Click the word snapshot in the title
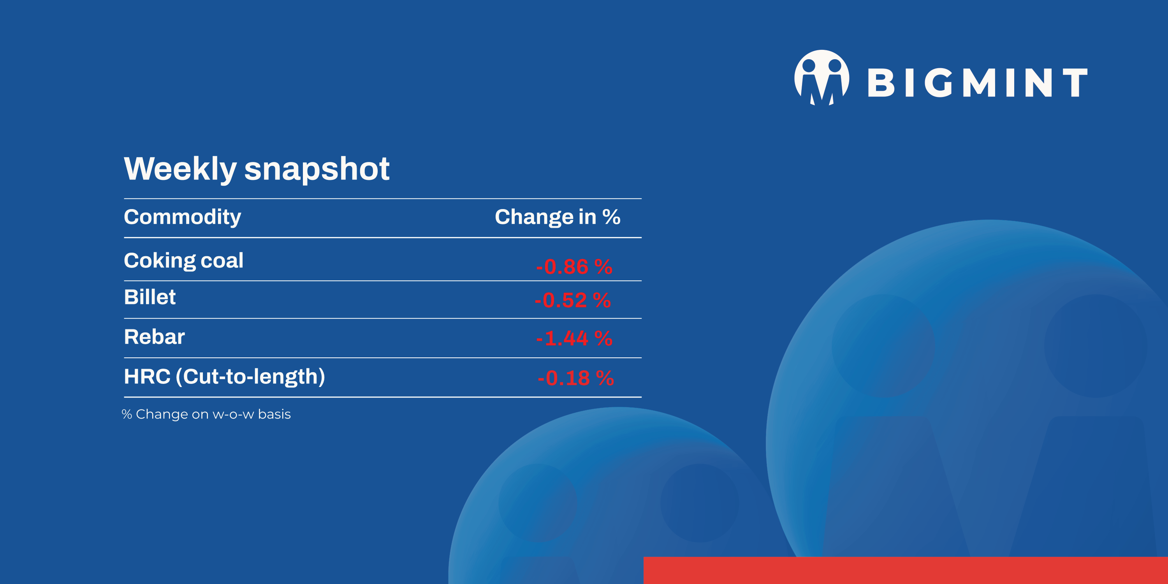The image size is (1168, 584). [317, 169]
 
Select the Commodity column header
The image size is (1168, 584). [182, 217]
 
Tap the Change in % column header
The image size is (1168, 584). [557, 217]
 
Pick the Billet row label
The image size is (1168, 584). [150, 297]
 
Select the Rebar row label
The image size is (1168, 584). [154, 337]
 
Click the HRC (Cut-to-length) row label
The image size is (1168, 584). [224, 377]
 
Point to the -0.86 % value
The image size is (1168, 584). [573, 267]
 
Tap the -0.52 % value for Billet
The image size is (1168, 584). [572, 300]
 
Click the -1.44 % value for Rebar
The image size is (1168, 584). [573, 338]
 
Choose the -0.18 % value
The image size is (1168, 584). [575, 378]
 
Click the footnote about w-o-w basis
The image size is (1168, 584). [206, 414]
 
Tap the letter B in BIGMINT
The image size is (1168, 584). [881, 83]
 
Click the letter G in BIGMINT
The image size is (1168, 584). [939, 83]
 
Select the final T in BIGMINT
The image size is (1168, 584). [1075, 83]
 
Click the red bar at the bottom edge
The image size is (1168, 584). [905, 570]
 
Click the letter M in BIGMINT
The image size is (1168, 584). [978, 83]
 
